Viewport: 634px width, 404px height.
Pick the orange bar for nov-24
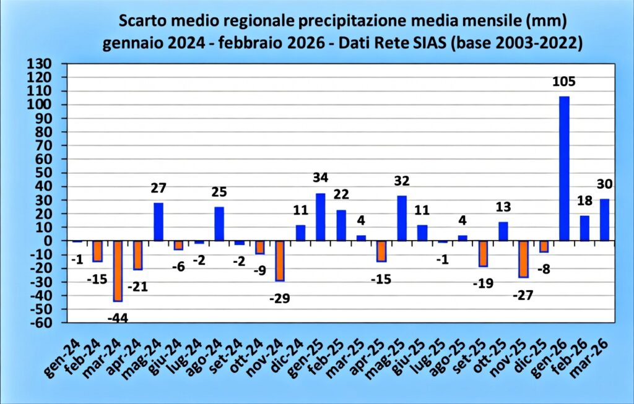280,260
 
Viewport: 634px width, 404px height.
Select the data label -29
279,298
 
